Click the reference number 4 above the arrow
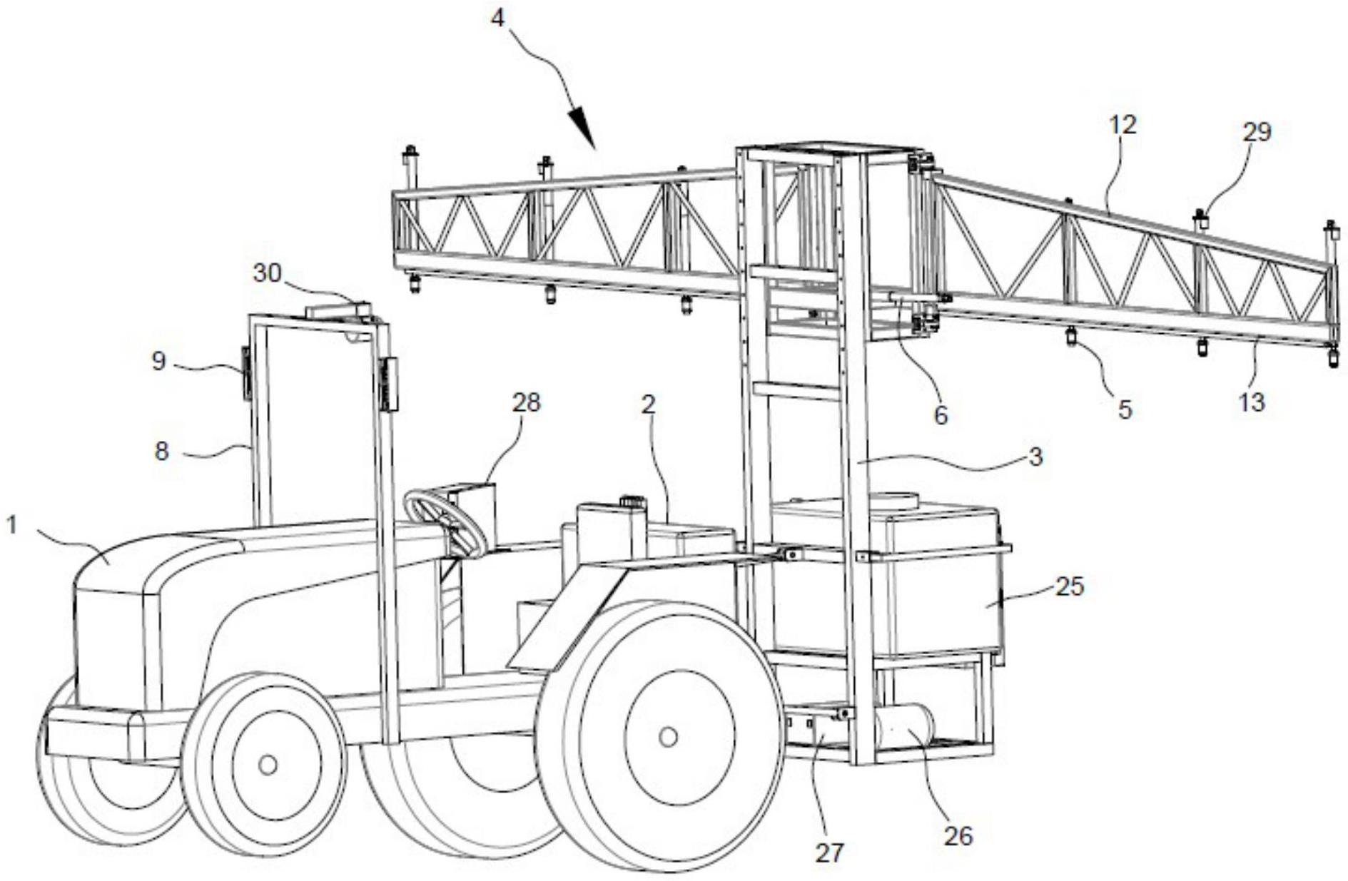pos(497,18)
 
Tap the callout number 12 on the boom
pos(1123,126)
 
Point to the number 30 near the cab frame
pos(268,273)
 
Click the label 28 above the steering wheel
pos(527,403)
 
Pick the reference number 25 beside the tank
pos(1069,586)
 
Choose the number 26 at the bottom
pos(958,836)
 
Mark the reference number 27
pos(829,852)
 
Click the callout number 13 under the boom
pos(1252,402)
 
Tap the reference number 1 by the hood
pos(11,526)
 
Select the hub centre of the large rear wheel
pos(668,737)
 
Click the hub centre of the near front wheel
pos(268,765)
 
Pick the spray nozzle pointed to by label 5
pos(1071,336)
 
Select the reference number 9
pos(158,361)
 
